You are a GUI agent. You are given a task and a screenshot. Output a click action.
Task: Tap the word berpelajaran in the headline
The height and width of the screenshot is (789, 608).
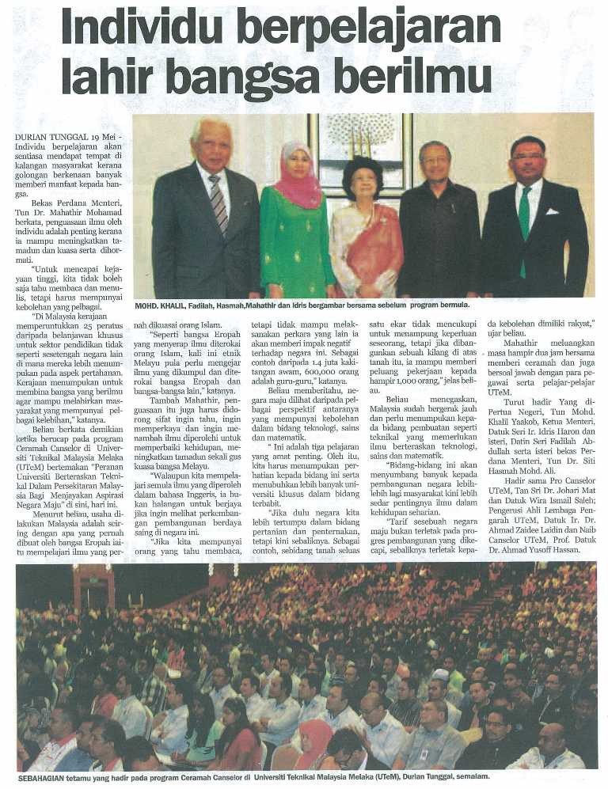tap(371, 29)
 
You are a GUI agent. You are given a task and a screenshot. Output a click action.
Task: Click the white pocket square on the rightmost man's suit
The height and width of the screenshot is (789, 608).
tap(552, 211)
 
